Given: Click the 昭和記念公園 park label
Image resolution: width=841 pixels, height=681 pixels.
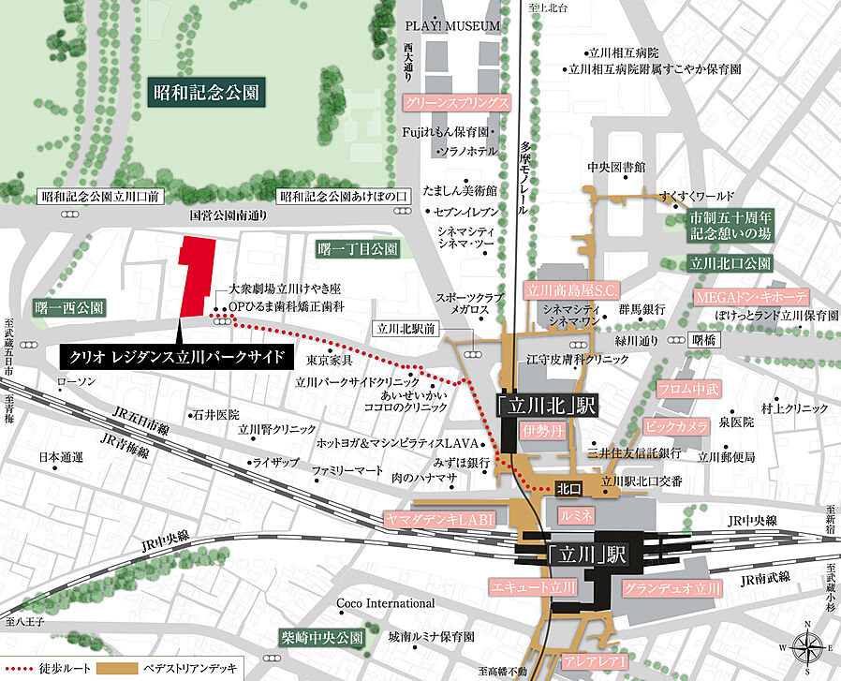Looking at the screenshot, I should [208, 93].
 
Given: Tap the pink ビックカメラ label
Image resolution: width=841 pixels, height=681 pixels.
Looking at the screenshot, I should [676, 426].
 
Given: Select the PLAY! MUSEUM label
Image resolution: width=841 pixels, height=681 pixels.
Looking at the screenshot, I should [453, 26].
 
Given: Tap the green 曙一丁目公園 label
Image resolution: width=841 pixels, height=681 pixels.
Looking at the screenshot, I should [358, 249].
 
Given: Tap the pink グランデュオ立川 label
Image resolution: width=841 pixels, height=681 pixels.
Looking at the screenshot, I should [671, 589].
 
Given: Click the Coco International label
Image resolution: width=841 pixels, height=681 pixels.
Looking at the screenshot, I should [385, 603].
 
